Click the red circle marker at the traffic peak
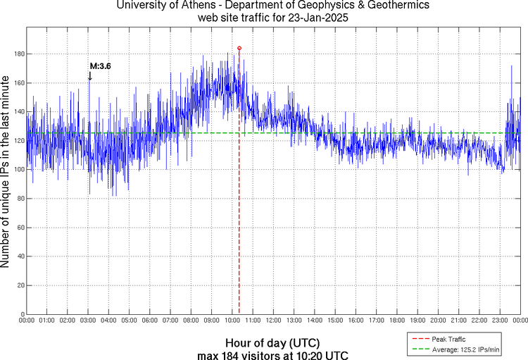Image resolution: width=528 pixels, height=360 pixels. point(239,48)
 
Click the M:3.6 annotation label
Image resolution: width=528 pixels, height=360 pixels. point(100,66)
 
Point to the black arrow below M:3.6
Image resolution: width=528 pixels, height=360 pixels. point(89,76)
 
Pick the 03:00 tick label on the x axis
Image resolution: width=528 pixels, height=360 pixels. point(88,321)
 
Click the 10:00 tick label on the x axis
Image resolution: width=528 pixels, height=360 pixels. point(232,321)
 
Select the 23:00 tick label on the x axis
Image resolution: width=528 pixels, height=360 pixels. point(500,321)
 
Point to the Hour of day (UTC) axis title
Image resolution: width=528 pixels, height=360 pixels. point(273,342)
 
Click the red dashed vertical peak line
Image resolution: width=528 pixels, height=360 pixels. point(239,211)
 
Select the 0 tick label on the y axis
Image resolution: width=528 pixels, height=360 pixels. point(22,314)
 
